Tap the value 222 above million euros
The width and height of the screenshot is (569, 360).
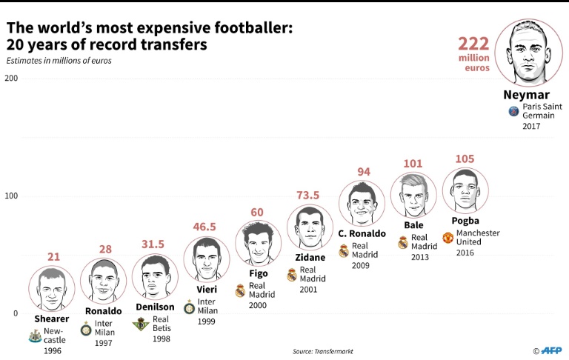[x=474, y=44]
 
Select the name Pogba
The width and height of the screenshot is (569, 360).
[x=465, y=221]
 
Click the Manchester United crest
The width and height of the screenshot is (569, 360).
[x=448, y=238]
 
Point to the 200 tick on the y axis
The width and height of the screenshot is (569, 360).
[x=12, y=78]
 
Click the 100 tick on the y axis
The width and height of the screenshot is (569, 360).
[x=12, y=196]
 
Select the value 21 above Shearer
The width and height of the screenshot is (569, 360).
[x=53, y=256]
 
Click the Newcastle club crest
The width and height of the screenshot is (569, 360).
[x=34, y=336]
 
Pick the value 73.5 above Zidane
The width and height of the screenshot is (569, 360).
[x=311, y=195]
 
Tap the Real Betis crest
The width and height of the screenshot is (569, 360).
[x=139, y=324]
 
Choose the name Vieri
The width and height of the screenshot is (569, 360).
[x=207, y=289]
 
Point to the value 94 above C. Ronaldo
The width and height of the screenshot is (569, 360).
[x=364, y=172]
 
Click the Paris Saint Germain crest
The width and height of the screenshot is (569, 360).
[x=513, y=111]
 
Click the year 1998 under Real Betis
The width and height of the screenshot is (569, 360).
[x=162, y=339]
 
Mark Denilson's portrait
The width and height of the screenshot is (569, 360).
[x=156, y=278]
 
